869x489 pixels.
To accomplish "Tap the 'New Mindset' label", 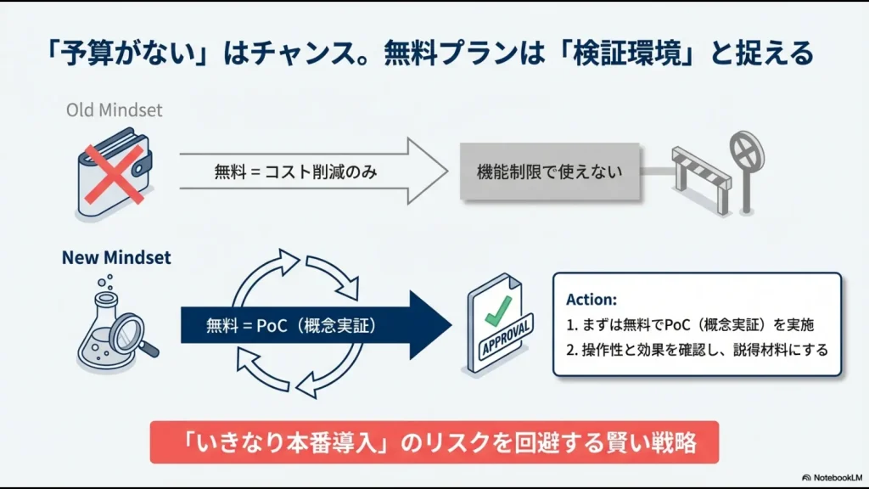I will pyautogui.click(x=116, y=257).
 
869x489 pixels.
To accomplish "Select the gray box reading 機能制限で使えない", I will pyautogui.click(x=549, y=171).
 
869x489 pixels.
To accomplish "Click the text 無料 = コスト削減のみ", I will pyautogui.click(x=295, y=171).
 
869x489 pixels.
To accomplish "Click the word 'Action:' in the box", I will pyautogui.click(x=591, y=300).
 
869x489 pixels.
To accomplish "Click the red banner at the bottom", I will pyautogui.click(x=434, y=442).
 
